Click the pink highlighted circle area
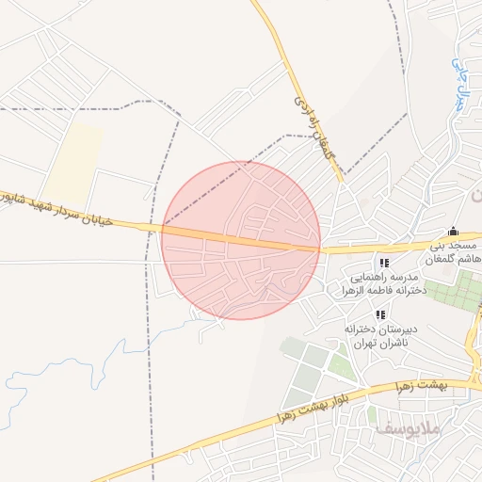click(241, 240)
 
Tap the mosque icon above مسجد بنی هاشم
click(453, 232)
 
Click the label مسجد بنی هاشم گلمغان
click(455, 251)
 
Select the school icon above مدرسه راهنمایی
click(383, 264)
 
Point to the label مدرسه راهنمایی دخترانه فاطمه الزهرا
click(387, 284)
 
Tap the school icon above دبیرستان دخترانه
click(380, 314)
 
